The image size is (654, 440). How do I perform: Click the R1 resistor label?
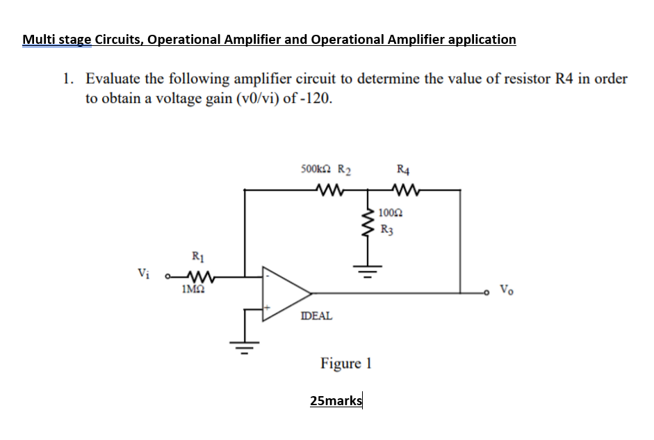[x=197, y=257]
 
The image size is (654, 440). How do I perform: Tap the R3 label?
[x=388, y=226]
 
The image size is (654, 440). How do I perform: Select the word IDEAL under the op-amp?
[x=316, y=316]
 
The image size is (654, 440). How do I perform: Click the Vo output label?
[x=508, y=288]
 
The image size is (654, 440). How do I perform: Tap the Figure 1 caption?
[x=346, y=363]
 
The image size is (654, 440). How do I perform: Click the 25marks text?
[x=336, y=401]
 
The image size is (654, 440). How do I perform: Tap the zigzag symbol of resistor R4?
[x=404, y=189]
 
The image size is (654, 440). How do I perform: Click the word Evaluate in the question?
[x=114, y=79]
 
